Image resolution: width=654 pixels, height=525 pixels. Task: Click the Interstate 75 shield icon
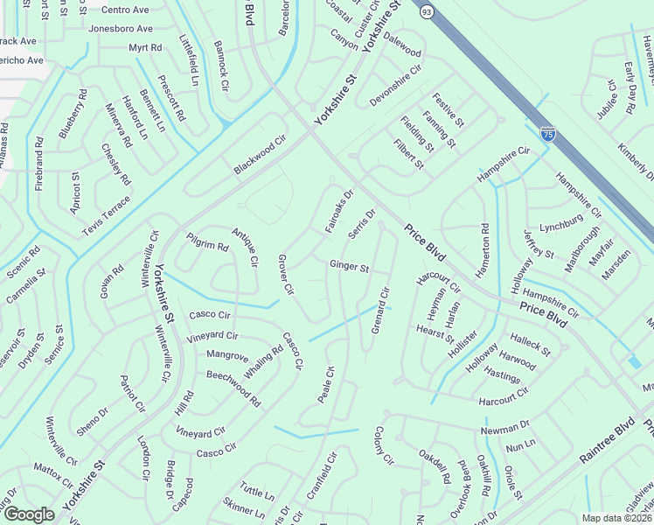pyautogui.click(x=547, y=134)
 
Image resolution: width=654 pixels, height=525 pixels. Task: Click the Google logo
pyautogui.click(x=29, y=514)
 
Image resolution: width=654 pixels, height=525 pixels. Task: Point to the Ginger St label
pyautogui.click(x=349, y=266)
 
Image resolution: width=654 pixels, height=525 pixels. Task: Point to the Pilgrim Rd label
pyautogui.click(x=207, y=241)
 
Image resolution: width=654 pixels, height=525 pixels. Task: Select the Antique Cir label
pyautogui.click(x=245, y=247)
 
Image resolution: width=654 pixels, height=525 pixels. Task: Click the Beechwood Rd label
pyautogui.click(x=233, y=388)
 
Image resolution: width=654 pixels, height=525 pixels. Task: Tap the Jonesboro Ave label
pyautogui.click(x=121, y=28)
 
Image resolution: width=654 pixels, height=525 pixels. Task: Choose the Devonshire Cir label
pyautogui.click(x=395, y=85)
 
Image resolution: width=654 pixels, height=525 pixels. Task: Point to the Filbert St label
pyautogui.click(x=408, y=154)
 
